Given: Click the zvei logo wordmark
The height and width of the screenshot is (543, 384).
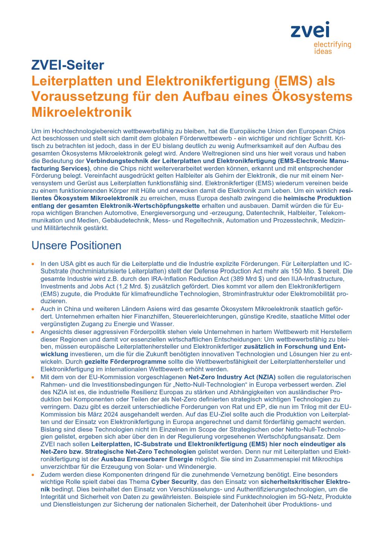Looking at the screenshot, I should [x=310, y=30].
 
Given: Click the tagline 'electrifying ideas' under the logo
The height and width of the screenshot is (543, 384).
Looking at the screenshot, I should [x=332, y=48].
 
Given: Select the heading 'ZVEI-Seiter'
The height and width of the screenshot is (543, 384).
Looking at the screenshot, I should [x=68, y=65].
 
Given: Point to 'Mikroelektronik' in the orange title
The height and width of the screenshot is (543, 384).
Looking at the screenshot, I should [x=82, y=112].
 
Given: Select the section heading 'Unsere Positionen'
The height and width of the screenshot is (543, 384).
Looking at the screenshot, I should [x=76, y=246].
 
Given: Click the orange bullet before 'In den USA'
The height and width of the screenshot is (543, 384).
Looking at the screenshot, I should [x=34, y=264].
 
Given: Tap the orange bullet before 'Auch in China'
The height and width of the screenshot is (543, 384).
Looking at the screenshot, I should [x=34, y=309].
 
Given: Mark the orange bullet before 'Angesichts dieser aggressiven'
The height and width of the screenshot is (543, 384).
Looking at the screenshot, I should [x=34, y=332].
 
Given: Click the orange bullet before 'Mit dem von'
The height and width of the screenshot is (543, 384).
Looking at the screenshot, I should [x=34, y=377].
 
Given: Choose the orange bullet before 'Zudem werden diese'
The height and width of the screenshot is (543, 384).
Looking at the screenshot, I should [x=34, y=475].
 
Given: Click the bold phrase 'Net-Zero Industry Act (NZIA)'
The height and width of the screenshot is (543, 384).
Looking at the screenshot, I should [x=232, y=377].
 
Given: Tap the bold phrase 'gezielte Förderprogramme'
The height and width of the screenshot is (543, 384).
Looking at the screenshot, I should [x=125, y=361].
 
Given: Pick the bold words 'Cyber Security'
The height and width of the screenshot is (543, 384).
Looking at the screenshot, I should [x=174, y=482].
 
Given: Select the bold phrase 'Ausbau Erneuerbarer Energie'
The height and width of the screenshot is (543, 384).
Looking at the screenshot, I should [x=147, y=459].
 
